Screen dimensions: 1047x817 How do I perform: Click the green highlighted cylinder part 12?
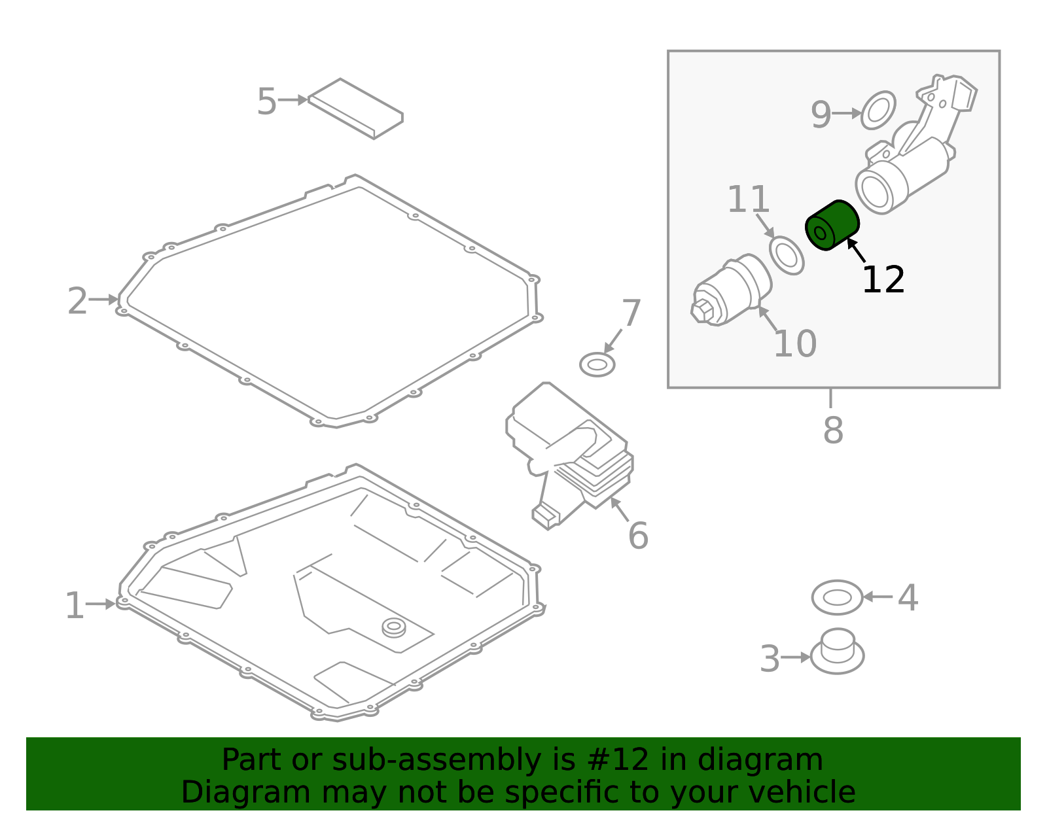pyautogui.click(x=832, y=225)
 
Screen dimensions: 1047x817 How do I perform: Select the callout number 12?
pyautogui.click(x=883, y=280)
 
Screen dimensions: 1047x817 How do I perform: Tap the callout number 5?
pyautogui.click(x=267, y=101)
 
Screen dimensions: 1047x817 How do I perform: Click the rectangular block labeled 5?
pyautogui.click(x=355, y=109)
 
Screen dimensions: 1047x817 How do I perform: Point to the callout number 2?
pyautogui.click(x=77, y=301)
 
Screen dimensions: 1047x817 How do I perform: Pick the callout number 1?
pyautogui.click(x=74, y=606)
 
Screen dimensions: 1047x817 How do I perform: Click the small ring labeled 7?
pyautogui.click(x=597, y=364)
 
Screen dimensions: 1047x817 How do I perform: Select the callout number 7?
pyautogui.click(x=631, y=313)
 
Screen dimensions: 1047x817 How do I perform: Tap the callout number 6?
pyautogui.click(x=639, y=535)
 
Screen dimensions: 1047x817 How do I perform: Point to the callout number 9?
pyautogui.click(x=821, y=114)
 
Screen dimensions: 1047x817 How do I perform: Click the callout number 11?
pyautogui.click(x=748, y=199)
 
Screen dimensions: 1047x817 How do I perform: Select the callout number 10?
pyautogui.click(x=795, y=344)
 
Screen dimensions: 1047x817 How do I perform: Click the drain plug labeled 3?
pyautogui.click(x=838, y=651)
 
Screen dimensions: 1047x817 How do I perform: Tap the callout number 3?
pyautogui.click(x=770, y=659)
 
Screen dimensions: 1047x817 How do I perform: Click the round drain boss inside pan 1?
pyautogui.click(x=394, y=627)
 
